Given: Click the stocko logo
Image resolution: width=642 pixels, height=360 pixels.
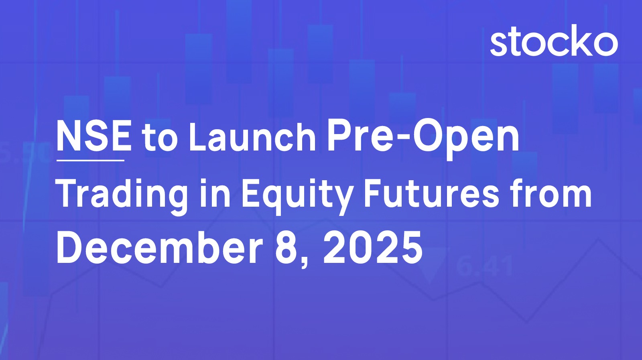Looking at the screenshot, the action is [554, 40].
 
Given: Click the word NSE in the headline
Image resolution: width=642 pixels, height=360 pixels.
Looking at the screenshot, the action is [94, 136].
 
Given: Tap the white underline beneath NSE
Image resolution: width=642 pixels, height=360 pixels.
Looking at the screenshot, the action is [90, 161].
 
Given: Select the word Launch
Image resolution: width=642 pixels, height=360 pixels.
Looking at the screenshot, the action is [252, 137].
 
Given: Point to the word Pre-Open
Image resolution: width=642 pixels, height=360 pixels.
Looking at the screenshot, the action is [423, 139].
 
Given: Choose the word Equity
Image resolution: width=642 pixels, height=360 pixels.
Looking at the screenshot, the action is [297, 195].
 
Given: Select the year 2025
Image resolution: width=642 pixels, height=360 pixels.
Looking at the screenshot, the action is [373, 248].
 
